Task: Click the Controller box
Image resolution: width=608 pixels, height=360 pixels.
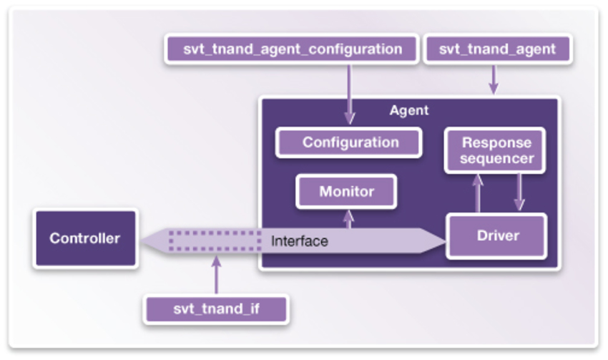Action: pyautogui.click(x=85, y=238)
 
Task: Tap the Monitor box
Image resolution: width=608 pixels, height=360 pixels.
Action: pyautogui.click(x=346, y=192)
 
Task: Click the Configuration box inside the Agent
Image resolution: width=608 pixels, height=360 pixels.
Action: pyautogui.click(x=350, y=142)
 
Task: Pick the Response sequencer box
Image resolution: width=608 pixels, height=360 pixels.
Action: pyautogui.click(x=495, y=150)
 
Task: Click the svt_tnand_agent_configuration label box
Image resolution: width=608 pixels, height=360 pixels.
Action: pyautogui.click(x=291, y=49)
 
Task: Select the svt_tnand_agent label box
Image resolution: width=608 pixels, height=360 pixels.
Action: pyautogui.click(x=497, y=49)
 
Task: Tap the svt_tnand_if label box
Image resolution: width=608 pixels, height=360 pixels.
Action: pyautogui.click(x=216, y=310)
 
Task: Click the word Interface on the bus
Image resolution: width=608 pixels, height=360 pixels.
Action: pyautogui.click(x=299, y=241)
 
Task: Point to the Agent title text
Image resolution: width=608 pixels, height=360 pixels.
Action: pyautogui.click(x=408, y=110)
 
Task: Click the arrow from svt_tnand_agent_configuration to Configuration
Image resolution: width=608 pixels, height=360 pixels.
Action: pyautogui.click(x=350, y=93)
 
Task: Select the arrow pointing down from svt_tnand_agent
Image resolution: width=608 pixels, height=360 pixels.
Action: pyautogui.click(x=493, y=79)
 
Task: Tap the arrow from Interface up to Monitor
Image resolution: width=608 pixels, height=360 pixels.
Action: pyautogui.click(x=348, y=219)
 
